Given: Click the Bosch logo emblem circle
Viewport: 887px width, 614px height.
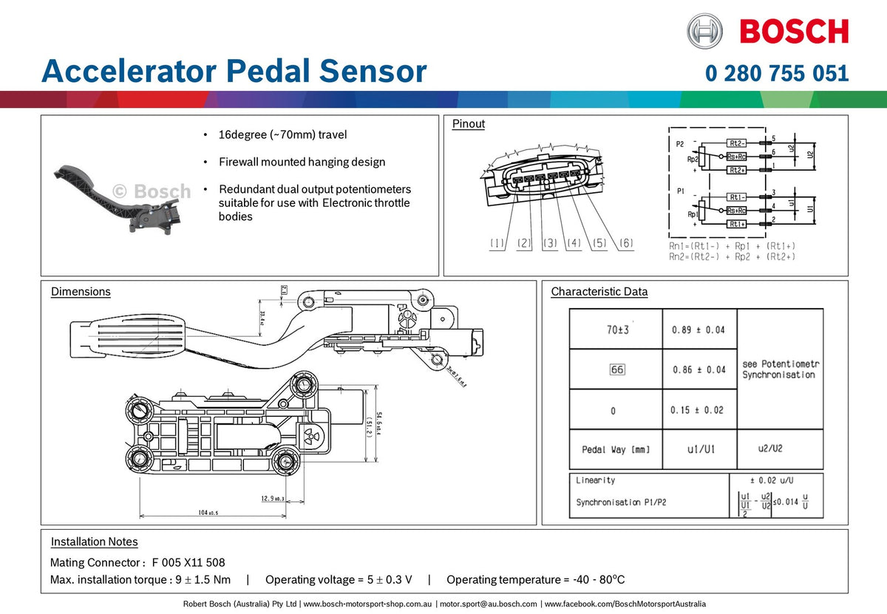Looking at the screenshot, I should pyautogui.click(x=704, y=31).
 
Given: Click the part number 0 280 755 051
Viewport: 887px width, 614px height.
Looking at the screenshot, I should pyautogui.click(x=776, y=74).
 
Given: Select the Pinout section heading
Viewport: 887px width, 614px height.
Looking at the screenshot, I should pyautogui.click(x=469, y=124).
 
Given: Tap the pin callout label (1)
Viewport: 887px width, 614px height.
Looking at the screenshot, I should pyautogui.click(x=497, y=243).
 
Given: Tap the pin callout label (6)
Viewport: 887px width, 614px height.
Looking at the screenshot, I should pyautogui.click(x=625, y=243).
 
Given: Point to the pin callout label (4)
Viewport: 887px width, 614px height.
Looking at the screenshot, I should pyautogui.click(x=574, y=243).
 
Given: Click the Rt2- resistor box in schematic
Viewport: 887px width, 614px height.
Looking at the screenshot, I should pyautogui.click(x=736, y=143).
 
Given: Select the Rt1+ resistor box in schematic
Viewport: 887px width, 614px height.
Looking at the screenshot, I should pyautogui.click(x=736, y=224).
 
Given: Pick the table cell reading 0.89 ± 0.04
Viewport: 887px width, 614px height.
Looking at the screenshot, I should pyautogui.click(x=699, y=330).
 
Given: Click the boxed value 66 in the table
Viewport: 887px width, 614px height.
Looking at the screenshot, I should pyautogui.click(x=616, y=369).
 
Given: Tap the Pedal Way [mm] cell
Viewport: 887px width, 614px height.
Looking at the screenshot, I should pyautogui.click(x=616, y=450).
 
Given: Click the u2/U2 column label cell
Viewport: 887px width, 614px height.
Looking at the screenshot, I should pyautogui.click(x=772, y=448).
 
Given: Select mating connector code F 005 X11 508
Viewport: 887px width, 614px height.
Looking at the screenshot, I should pyautogui.click(x=188, y=562).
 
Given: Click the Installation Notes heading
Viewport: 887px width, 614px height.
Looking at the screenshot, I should pyautogui.click(x=94, y=542).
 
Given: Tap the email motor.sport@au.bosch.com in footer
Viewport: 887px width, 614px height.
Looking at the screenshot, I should pyautogui.click(x=488, y=604).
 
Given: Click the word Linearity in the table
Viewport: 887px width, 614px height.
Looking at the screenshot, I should pyautogui.click(x=595, y=480).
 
